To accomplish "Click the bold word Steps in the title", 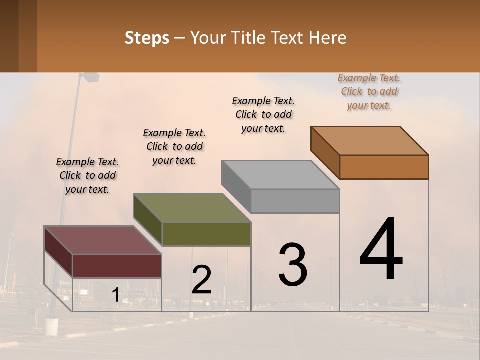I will (x=147, y=38).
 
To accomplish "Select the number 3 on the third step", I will (x=293, y=265).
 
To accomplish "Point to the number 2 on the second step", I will (x=201, y=280).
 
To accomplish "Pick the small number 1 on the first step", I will (x=115, y=295).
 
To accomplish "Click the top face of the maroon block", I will (x=102, y=240).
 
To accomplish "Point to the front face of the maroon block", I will (x=117, y=266).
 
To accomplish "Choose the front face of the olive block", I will (x=206, y=234).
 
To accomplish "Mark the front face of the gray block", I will (x=295, y=201).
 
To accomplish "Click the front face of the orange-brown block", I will (x=384, y=167).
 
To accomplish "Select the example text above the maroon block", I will (x=87, y=175).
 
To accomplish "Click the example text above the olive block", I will (x=174, y=146).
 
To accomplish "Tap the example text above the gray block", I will (x=263, y=114).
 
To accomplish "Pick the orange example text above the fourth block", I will (x=369, y=91).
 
